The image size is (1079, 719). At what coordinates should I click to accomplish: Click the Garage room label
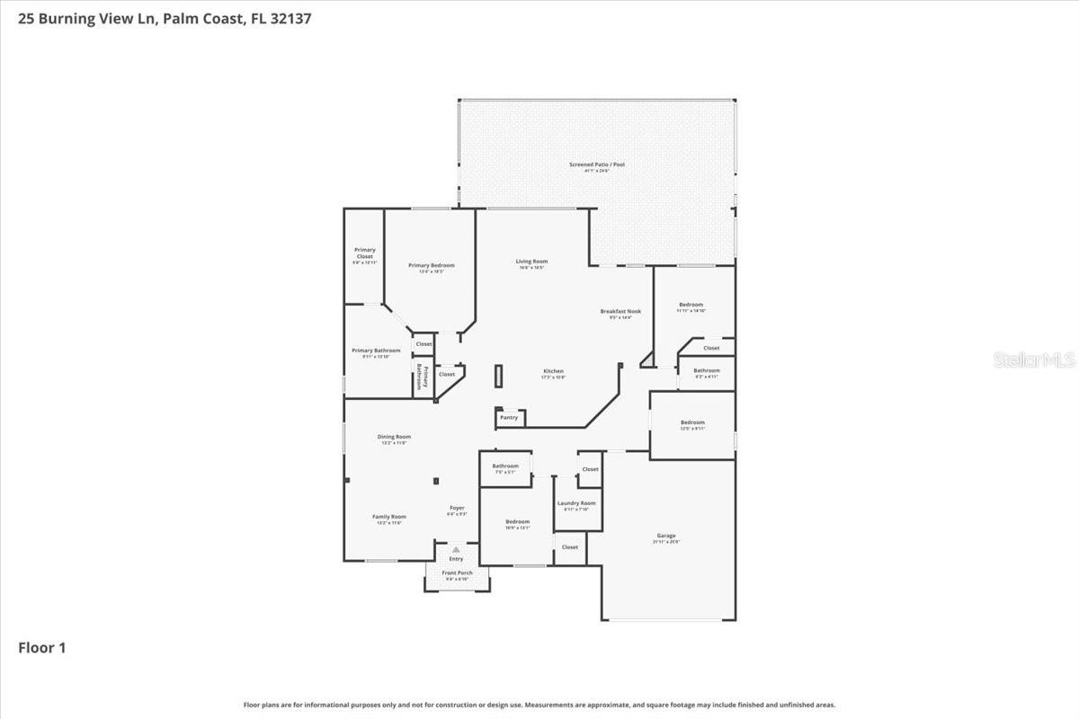pos(666,536)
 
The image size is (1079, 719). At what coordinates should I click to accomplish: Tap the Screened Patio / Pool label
pos(597,165)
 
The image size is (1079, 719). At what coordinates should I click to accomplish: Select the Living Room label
pos(531,262)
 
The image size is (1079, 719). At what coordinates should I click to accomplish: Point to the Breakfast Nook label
pos(620,311)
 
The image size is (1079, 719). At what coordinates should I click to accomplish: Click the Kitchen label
pos(553,371)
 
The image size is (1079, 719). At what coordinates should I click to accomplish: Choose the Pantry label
pos(509,417)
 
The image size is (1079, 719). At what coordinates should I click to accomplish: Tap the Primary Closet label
pos(364,253)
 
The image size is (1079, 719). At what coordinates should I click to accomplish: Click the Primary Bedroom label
pos(432,265)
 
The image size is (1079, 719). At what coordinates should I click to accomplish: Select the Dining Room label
pos(394,437)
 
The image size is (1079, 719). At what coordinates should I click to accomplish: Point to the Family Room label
pos(389,517)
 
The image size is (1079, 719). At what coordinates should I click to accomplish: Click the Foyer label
pos(457,509)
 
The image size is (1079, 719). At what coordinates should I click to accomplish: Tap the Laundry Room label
pos(575,503)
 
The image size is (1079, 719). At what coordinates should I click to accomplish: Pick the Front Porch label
pos(457,573)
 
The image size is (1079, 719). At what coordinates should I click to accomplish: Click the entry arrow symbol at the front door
pos(456,549)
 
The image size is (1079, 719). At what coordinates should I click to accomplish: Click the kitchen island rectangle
pos(497,376)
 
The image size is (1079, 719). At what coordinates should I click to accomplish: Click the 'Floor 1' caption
pos(42,647)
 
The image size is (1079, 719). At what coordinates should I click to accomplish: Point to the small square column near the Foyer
pos(436,481)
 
